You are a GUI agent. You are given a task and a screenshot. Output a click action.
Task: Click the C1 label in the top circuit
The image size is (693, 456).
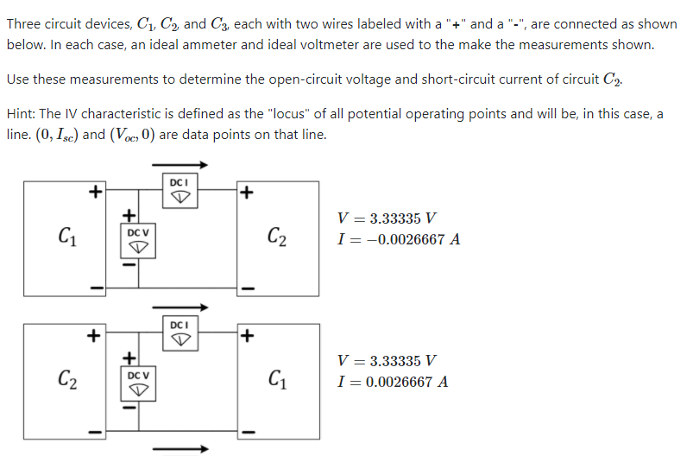[x=66, y=235]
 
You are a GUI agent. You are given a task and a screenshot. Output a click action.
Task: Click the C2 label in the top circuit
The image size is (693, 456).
[x=278, y=235]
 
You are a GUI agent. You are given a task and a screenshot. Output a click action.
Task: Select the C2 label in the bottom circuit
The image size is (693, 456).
[x=66, y=378]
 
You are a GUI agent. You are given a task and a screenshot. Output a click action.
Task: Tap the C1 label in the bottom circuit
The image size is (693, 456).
[x=278, y=378]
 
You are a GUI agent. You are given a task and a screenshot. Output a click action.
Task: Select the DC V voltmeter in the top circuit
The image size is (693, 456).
[x=138, y=240]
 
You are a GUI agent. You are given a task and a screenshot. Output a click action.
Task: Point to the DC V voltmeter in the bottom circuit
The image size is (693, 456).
[x=138, y=383]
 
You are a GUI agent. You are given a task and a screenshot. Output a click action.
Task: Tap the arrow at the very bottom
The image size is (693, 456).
[x=180, y=448]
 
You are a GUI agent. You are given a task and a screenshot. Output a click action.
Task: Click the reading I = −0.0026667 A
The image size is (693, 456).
[x=400, y=239]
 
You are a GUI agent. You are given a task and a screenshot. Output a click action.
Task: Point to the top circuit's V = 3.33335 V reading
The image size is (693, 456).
[x=387, y=218]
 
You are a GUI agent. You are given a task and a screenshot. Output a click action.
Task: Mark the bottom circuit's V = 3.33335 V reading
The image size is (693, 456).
[x=387, y=361]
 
